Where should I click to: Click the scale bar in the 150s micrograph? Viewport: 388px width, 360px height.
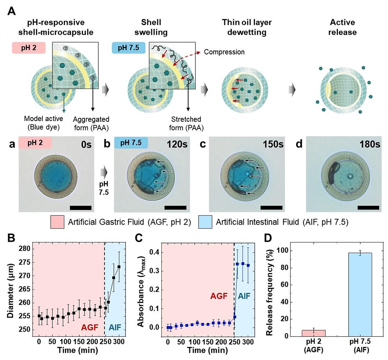pyautogui.click(x=271, y=207)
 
